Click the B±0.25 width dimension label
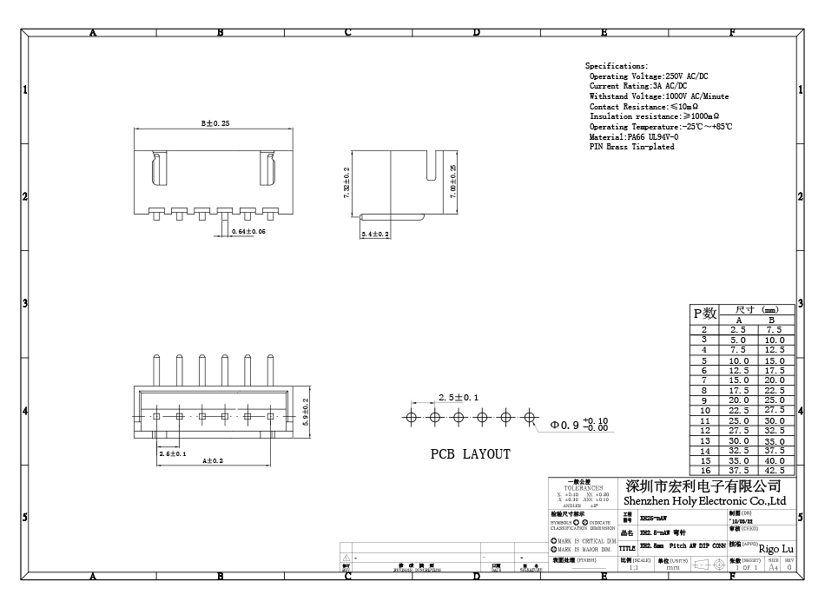215,123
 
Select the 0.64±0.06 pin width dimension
248,232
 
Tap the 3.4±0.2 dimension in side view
375,235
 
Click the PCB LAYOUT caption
471,453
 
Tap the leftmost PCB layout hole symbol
412,418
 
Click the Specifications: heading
617,66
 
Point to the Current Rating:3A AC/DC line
638,86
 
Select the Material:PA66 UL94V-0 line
634,136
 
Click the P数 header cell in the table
703,314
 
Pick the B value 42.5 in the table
775,470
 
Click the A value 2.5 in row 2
738,330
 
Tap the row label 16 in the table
704,470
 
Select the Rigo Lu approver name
775,548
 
